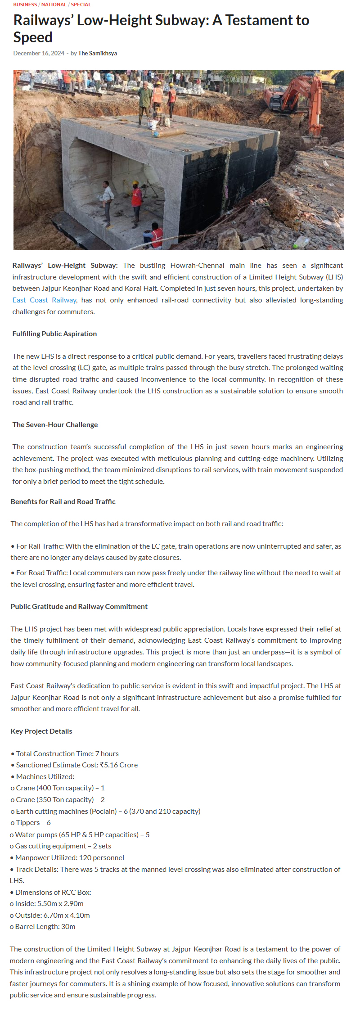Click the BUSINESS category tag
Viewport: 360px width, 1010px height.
(x=25, y=5)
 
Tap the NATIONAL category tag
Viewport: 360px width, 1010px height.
(x=54, y=5)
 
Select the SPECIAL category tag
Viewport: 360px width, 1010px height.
(x=81, y=5)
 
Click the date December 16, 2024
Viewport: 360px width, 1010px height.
(x=39, y=53)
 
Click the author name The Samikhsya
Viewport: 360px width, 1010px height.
(x=98, y=53)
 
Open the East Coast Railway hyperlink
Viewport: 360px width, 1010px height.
(x=45, y=300)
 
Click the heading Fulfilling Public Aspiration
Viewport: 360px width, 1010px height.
(x=54, y=334)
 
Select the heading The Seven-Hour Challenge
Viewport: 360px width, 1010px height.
(x=55, y=425)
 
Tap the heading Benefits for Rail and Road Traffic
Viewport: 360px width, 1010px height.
(x=63, y=502)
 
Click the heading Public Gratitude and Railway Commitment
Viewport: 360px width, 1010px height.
(x=79, y=607)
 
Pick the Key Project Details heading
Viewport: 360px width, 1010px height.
(x=41, y=731)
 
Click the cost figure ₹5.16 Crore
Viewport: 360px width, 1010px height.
(x=119, y=765)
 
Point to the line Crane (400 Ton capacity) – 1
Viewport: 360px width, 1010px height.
(x=60, y=788)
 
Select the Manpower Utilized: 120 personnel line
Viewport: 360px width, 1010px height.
(x=69, y=858)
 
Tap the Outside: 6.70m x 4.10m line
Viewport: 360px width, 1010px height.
(x=52, y=915)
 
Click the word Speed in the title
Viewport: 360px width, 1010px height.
(x=33, y=37)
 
